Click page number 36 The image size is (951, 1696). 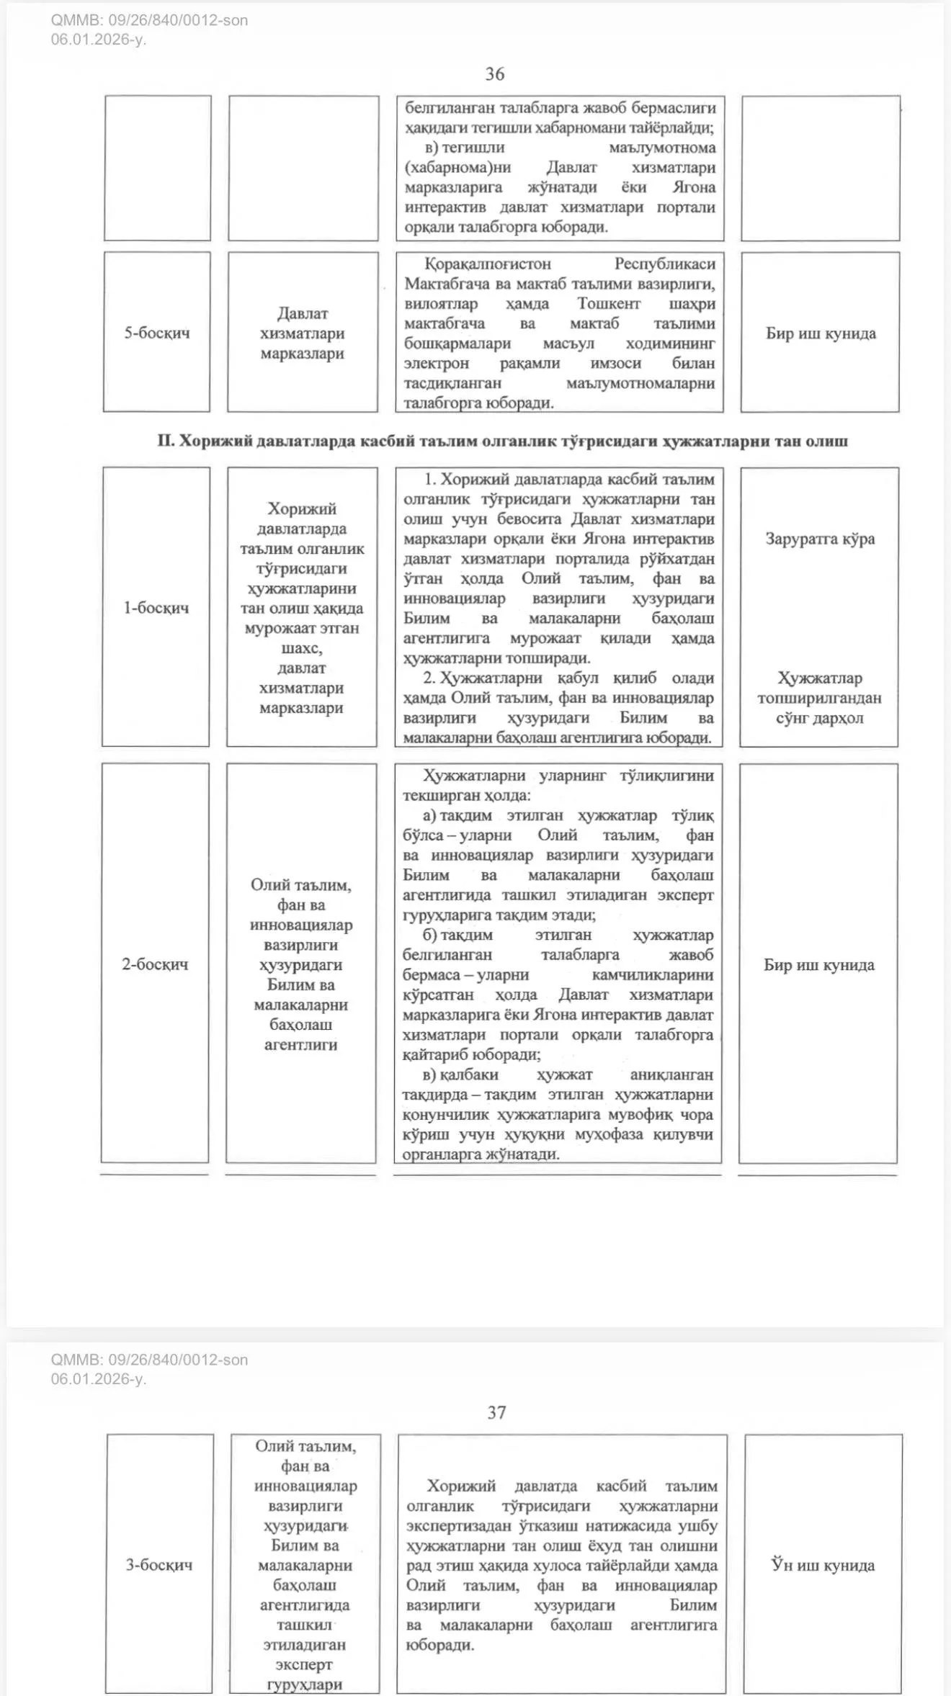click(x=495, y=74)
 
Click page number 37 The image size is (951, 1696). click(x=496, y=1412)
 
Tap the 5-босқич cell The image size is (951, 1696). click(x=157, y=333)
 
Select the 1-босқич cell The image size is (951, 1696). click(x=156, y=608)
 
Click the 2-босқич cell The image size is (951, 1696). click(x=155, y=964)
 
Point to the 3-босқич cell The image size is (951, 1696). click(x=159, y=1564)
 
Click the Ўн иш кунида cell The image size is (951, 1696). click(x=823, y=1564)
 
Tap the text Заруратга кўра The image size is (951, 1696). click(x=820, y=539)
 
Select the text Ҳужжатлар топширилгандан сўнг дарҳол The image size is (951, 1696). click(x=819, y=698)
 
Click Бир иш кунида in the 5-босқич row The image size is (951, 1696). click(x=821, y=333)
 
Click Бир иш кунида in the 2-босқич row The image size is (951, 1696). click(x=819, y=965)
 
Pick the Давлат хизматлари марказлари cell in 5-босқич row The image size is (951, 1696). click(x=303, y=333)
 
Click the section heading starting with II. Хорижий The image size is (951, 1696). click(x=502, y=441)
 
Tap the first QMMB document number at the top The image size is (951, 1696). click(x=149, y=20)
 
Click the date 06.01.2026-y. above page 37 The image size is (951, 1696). click(x=99, y=1378)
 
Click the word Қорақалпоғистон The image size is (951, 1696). click(x=487, y=264)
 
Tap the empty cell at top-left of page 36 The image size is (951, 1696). click(x=158, y=168)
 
